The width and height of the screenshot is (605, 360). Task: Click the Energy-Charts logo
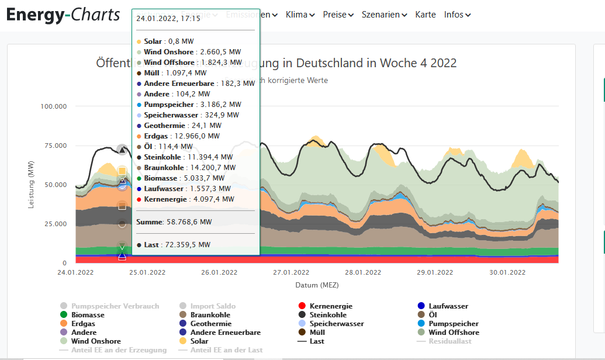pos(63,15)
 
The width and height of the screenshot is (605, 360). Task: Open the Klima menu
pos(300,15)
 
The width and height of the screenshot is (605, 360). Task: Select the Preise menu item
pos(338,15)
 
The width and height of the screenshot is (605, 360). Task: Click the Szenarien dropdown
pos(384,15)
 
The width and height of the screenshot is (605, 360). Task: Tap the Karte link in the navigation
pos(426,15)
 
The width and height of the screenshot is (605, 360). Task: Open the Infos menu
pos(457,15)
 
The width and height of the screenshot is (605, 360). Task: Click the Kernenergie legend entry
pos(330,306)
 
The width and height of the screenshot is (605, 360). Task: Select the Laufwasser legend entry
pos(448,306)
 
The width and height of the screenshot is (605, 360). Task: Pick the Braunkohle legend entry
pos(212,315)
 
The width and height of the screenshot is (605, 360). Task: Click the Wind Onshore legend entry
pos(95,341)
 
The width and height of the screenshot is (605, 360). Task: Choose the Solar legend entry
pos(199,341)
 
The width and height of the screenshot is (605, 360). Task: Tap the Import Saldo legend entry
pos(212,306)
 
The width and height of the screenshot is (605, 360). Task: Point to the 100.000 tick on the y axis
pos(54,106)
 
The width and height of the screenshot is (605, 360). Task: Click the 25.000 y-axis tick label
pos(56,224)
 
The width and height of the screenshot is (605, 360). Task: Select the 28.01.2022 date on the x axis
pos(362,273)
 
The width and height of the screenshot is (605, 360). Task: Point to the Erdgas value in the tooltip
pos(178,136)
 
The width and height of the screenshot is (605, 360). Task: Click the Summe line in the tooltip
pos(174,222)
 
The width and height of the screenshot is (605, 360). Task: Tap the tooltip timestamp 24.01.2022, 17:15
pos(168,18)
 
